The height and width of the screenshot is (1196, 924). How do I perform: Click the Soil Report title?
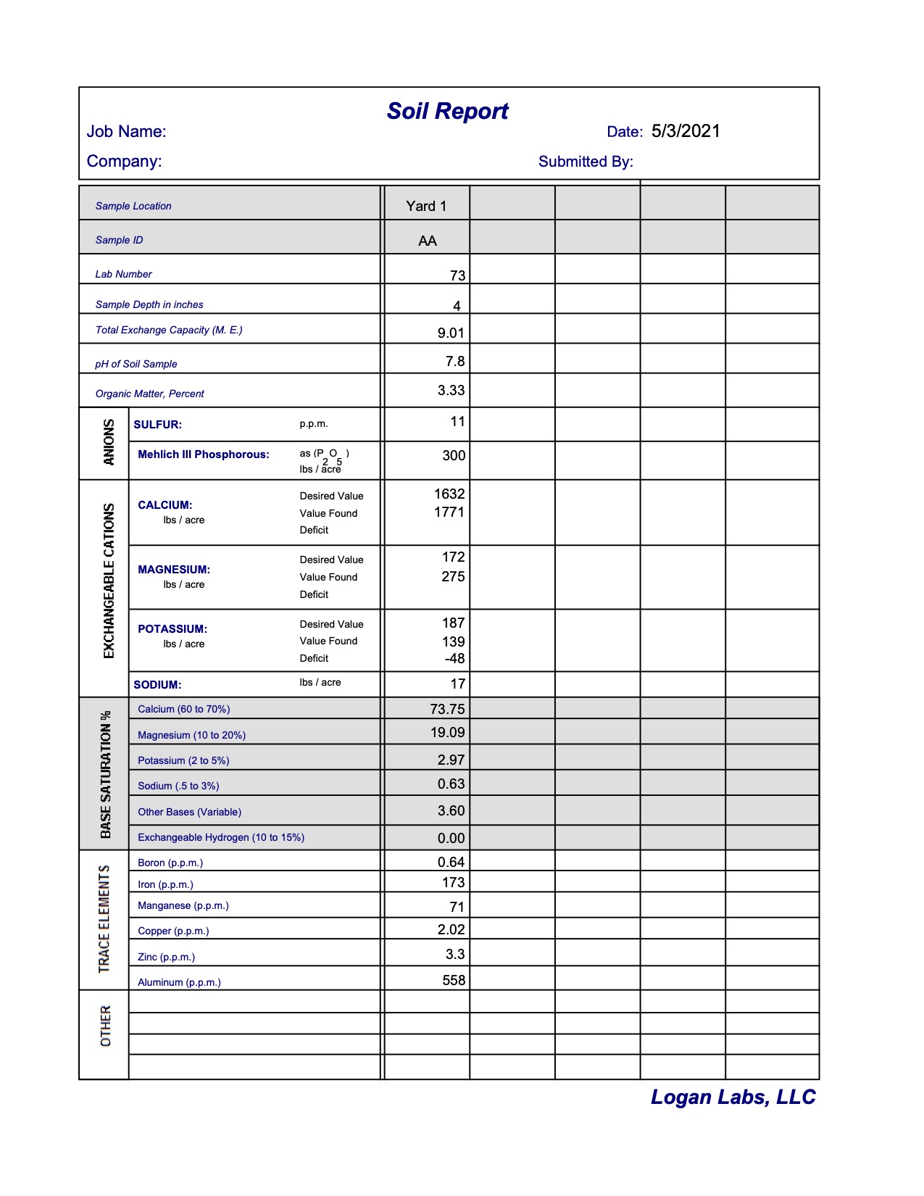click(x=447, y=111)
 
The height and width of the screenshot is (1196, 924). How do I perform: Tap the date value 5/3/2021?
click(x=686, y=131)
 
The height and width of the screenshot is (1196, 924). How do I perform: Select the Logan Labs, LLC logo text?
click(x=733, y=1097)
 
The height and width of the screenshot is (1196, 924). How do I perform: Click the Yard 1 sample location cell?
click(x=426, y=206)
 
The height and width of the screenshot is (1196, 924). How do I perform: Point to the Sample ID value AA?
click(x=428, y=241)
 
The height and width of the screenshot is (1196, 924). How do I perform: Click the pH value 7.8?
click(x=455, y=361)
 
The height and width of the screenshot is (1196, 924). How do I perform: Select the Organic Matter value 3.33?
click(x=451, y=390)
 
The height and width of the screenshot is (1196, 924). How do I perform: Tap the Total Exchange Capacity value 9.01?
click(x=451, y=333)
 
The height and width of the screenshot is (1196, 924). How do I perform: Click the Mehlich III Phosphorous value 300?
click(x=454, y=455)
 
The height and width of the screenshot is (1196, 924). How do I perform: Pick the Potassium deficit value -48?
click(x=454, y=658)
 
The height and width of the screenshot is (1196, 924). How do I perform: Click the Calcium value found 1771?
click(x=449, y=512)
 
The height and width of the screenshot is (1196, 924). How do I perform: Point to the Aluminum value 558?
click(x=454, y=980)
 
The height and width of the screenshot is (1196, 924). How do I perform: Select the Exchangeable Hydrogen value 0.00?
click(x=451, y=838)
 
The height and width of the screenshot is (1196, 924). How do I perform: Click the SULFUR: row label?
click(x=157, y=425)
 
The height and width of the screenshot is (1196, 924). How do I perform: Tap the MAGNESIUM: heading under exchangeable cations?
click(x=174, y=570)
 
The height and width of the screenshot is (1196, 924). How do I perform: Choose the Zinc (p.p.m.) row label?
click(x=166, y=957)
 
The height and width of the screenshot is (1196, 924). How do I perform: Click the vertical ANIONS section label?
click(x=109, y=442)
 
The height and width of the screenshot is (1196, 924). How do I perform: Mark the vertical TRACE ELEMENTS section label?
click(x=104, y=918)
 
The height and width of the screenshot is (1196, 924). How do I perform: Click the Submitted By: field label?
click(x=586, y=162)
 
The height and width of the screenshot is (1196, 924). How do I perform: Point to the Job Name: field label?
click(x=126, y=131)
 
